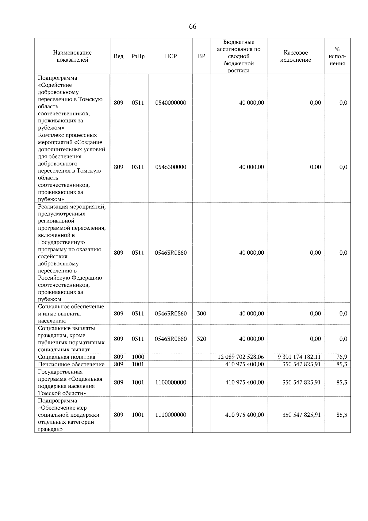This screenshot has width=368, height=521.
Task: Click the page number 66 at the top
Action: point(193,26)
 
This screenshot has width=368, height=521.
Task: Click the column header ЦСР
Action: point(171,56)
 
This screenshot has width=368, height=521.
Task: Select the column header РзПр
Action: point(138,56)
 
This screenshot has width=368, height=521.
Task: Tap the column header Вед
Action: point(118,56)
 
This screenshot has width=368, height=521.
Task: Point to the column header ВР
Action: point(201,56)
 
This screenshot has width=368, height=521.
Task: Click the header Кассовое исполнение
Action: point(295,56)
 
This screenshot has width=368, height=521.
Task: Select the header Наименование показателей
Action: point(72,56)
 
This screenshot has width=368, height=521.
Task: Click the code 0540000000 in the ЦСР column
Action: point(171,103)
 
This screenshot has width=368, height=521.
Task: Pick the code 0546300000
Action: point(171,167)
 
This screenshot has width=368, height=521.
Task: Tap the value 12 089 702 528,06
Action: point(240,357)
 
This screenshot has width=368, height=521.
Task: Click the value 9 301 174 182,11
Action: point(299,357)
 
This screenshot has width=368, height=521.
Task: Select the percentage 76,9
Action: point(342,357)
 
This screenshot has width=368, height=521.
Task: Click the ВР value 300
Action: point(201,314)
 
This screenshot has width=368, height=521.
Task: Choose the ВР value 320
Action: point(201,339)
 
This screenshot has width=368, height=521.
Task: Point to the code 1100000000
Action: point(171,382)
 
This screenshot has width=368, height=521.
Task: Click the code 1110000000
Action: point(171,415)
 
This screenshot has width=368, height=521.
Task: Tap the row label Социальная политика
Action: point(67,357)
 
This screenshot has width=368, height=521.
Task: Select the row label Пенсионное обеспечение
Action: point(71,364)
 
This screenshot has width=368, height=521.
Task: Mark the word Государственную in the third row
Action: point(61,242)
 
